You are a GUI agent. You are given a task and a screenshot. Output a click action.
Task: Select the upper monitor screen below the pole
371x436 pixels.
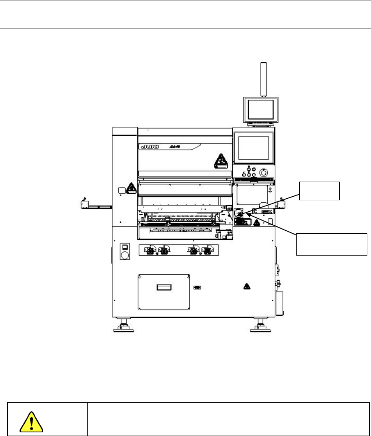261,108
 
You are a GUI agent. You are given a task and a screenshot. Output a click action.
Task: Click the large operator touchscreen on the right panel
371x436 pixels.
254,148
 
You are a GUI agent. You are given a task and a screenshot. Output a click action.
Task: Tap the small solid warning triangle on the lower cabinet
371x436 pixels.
246,286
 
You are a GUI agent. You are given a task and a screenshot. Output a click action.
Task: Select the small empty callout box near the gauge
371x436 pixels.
319,191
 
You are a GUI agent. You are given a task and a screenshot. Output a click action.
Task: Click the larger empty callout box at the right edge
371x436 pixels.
331,244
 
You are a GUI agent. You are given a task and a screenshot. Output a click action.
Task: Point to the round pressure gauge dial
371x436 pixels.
239,213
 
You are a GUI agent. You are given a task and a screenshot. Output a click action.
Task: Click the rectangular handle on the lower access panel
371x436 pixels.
164,288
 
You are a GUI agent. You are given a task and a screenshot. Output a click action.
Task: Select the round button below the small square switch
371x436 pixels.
125,256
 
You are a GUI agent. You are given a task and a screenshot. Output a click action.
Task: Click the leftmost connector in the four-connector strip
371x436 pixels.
150,250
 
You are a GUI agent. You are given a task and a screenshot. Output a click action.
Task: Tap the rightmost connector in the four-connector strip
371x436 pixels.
208,250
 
